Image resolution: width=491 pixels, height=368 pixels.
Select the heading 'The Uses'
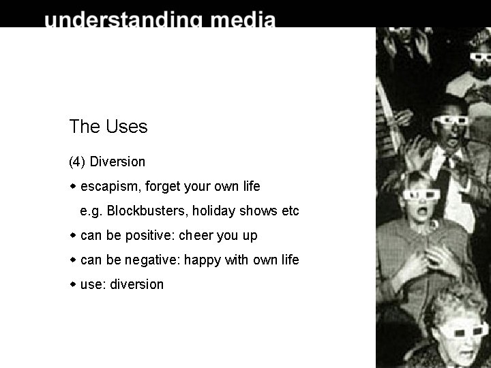pos(108,126)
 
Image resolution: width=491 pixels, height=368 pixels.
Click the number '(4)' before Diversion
pos(77,162)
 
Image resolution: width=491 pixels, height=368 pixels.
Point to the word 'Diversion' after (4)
pos(117,162)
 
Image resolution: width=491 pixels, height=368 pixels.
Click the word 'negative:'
pos(152,260)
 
